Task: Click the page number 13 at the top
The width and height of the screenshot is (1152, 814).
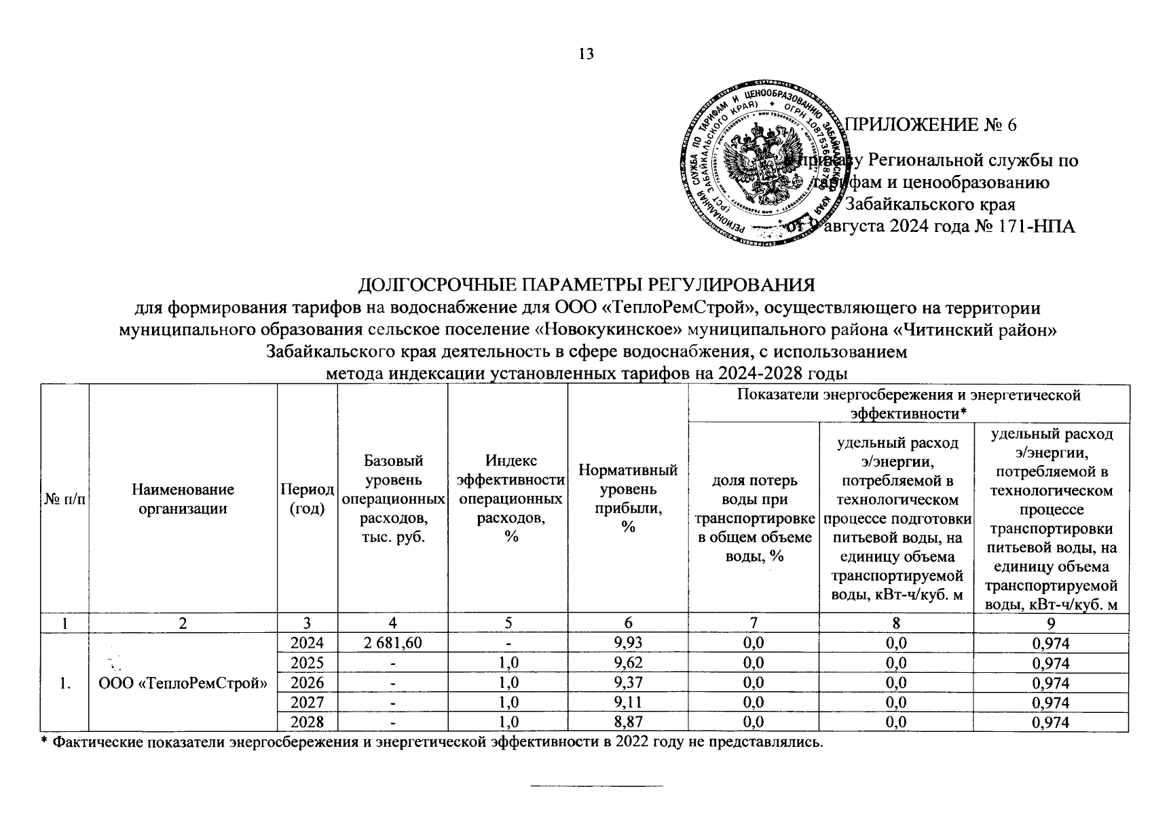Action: pos(586,54)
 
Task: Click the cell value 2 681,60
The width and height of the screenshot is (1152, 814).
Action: pos(392,643)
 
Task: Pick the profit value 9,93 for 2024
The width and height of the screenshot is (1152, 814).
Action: pos(627,643)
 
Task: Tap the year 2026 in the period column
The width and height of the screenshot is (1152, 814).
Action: pos(308,682)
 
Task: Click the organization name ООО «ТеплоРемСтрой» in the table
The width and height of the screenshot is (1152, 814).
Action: pos(183,684)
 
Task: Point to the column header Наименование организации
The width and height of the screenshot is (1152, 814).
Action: pos(183,499)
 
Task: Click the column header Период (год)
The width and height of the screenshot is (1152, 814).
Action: pos(308,499)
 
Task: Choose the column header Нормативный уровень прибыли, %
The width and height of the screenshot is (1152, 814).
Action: pos(627,499)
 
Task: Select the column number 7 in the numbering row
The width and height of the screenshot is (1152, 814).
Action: pos(754,623)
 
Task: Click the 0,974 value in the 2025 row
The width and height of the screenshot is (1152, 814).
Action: pos(1051,663)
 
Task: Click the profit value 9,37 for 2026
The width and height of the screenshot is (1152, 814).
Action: pos(627,682)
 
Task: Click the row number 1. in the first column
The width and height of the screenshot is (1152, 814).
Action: pos(65,684)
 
